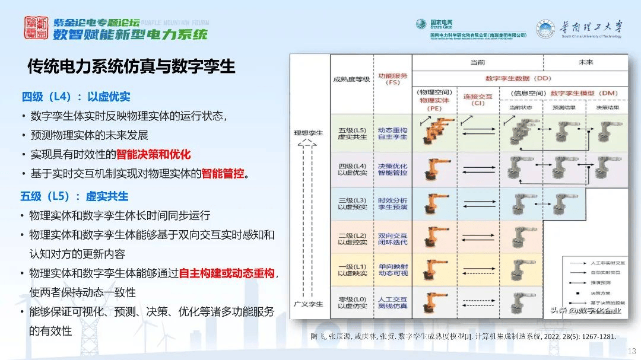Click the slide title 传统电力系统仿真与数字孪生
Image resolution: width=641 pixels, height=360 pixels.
pos(131,66)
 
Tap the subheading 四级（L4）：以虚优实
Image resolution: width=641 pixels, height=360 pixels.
pos(76,97)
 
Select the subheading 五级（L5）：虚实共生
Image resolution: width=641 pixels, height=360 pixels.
pos(74,196)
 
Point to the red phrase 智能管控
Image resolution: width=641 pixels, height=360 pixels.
pos(223,174)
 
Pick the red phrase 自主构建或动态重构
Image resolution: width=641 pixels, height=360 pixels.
pos(227,273)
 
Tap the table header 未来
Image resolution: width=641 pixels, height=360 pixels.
pos(586,62)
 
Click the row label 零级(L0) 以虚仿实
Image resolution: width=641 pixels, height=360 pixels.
pos(353,302)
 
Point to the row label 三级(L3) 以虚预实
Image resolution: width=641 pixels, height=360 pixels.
pos(353,203)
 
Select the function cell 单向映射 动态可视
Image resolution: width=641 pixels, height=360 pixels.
pos(392,269)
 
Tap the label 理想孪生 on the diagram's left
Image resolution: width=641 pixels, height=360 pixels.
pos(309,133)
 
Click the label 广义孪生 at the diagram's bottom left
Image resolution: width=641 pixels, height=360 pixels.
pos(309,304)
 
